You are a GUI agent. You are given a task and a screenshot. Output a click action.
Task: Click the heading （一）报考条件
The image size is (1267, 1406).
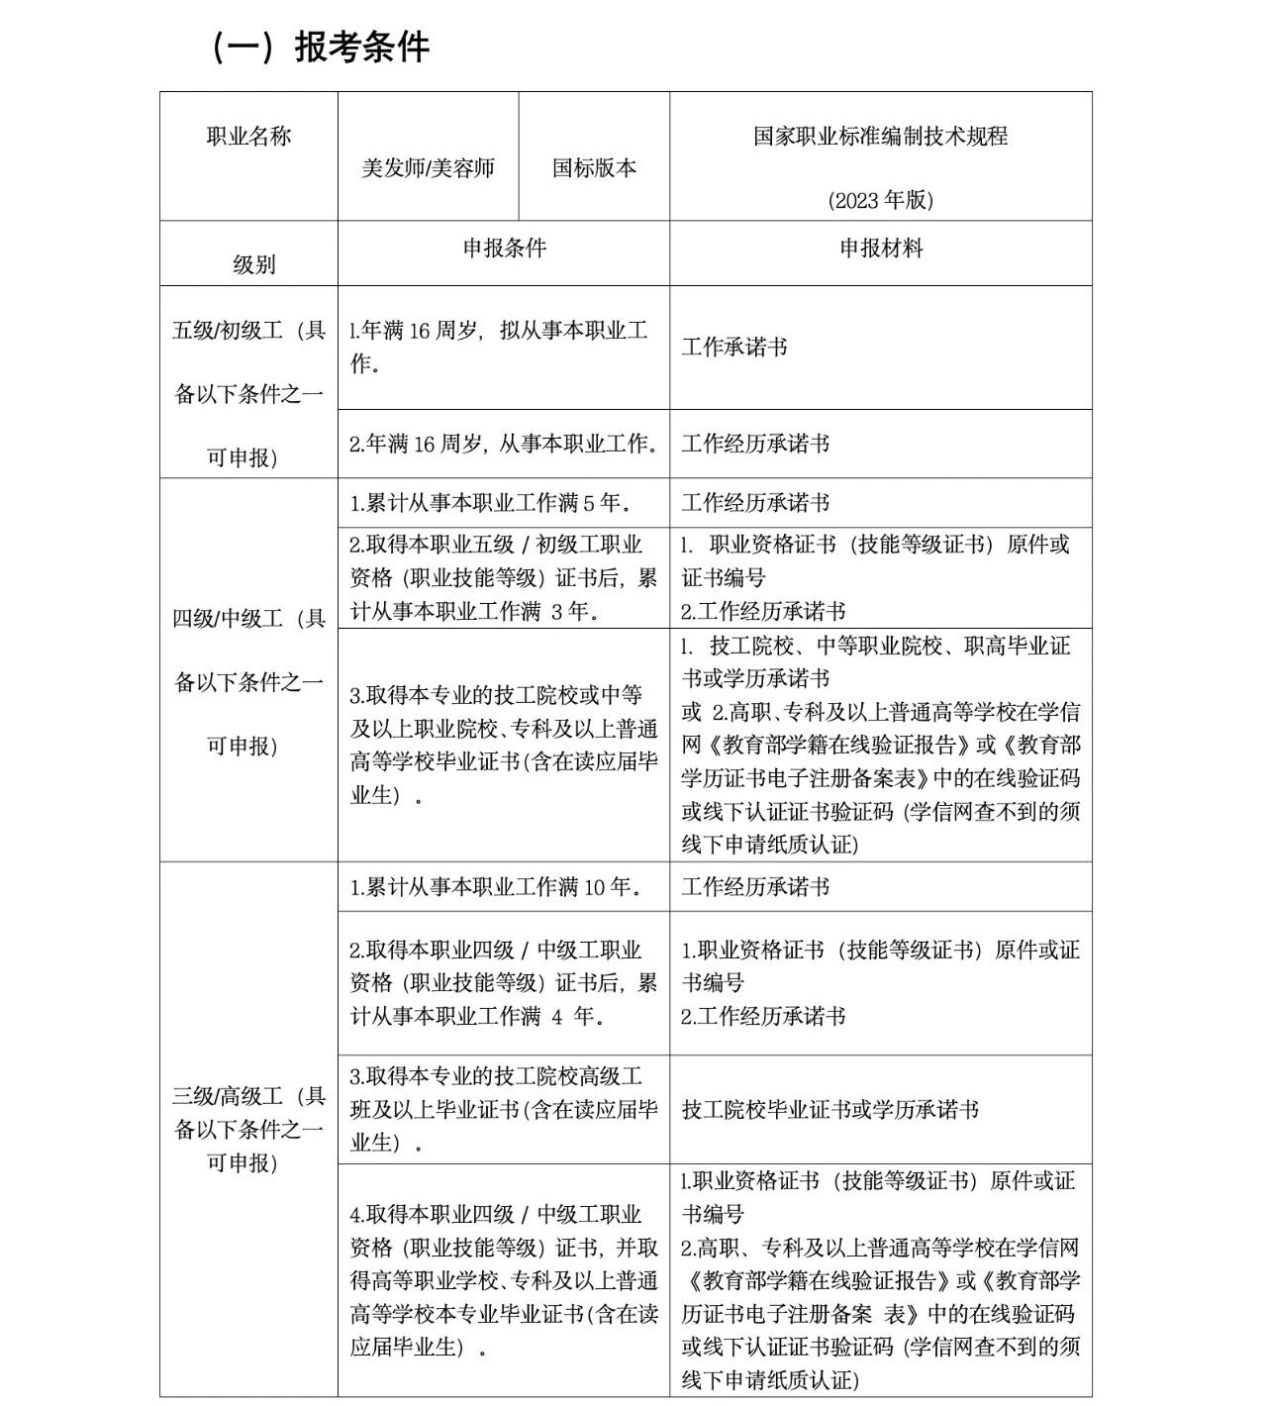point(320,47)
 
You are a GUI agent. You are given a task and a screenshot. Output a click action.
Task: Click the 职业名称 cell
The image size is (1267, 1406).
point(248,137)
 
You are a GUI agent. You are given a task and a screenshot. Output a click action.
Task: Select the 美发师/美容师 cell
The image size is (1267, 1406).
point(428,167)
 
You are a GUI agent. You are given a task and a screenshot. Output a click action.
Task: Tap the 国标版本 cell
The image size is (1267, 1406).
point(594,167)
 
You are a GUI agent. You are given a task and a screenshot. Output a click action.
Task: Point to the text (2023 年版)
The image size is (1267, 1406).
point(880,200)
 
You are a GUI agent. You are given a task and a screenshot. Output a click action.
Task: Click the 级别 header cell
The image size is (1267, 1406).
point(254,264)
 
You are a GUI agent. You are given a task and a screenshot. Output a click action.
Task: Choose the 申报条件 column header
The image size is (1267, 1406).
point(504,248)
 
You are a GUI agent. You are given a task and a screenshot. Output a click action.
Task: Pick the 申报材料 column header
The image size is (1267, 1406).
point(880,248)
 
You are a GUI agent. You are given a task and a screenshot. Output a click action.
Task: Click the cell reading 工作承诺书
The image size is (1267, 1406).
point(734,348)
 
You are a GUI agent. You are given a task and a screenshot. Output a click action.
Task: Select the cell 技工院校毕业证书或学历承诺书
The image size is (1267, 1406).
point(829,1110)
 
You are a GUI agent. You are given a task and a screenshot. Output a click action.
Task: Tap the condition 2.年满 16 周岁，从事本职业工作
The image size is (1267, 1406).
point(504,444)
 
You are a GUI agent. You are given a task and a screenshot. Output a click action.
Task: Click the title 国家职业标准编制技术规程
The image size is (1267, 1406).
point(880,137)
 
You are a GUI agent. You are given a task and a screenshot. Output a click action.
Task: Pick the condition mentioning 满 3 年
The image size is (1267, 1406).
point(504,577)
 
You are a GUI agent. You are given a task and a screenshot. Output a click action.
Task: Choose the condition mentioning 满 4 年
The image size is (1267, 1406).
point(504,982)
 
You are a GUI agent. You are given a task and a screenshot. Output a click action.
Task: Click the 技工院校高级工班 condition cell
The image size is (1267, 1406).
point(504,1109)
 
